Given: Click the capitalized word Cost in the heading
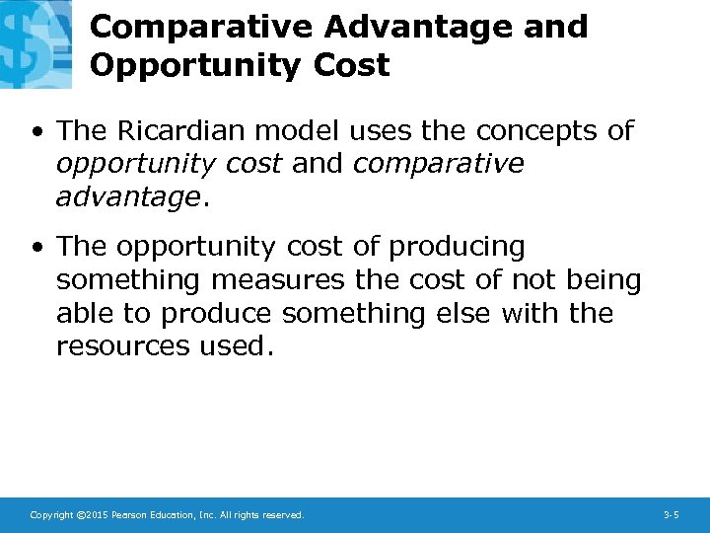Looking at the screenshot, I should click(352, 65).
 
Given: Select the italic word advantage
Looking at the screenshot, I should click(127, 197).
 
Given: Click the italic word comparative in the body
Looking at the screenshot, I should click(438, 164).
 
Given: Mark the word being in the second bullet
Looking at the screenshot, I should click(603, 280).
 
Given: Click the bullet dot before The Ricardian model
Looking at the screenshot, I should click(35, 131).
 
